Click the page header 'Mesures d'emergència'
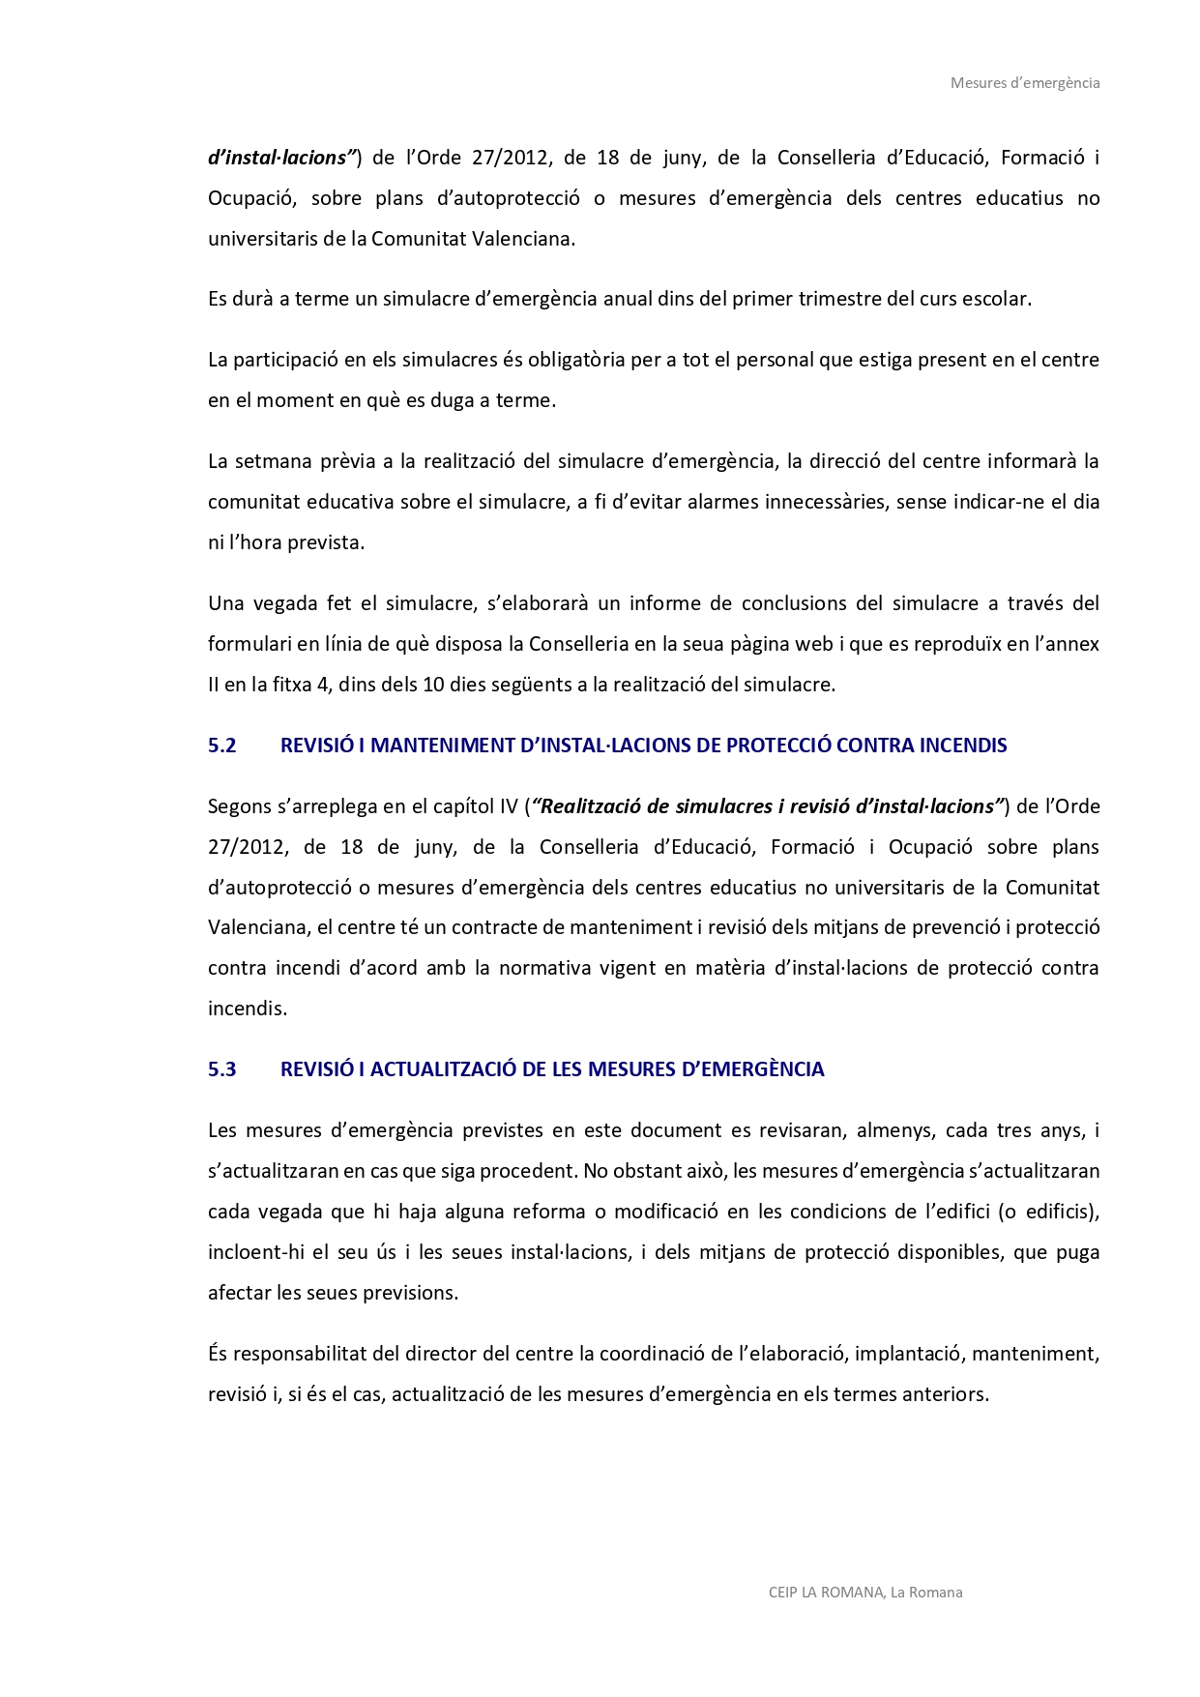(x=1025, y=83)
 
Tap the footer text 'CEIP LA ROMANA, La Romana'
(x=865, y=1593)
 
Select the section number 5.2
(x=222, y=746)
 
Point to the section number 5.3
(x=222, y=1069)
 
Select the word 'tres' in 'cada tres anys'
(x=1014, y=1130)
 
